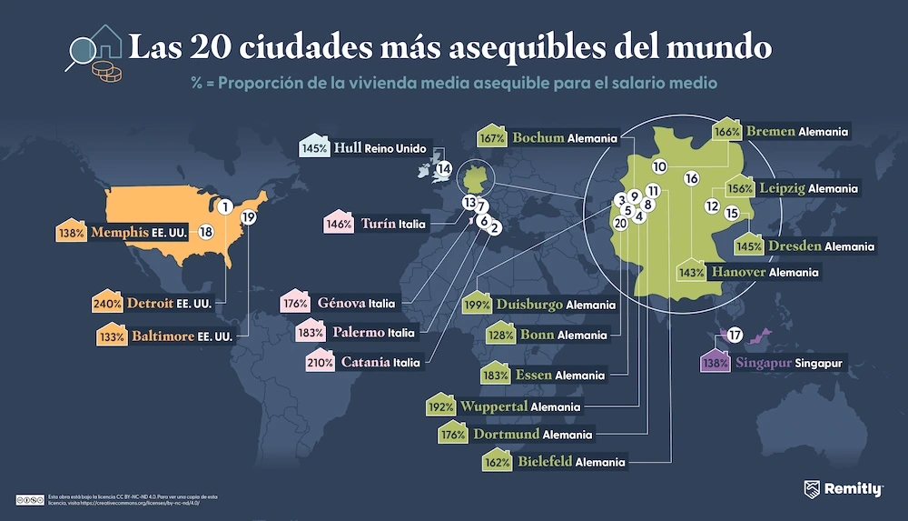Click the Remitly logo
coord(844,490)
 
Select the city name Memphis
coord(119,233)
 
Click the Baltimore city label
coord(163,336)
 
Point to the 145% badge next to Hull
coord(315,147)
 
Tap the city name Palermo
coord(359,332)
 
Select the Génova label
coord(341,303)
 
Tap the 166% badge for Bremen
coord(726,132)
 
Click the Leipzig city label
coord(780,188)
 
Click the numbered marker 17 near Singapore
coord(735,334)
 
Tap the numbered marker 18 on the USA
coord(206,232)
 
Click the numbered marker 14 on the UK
coord(443,168)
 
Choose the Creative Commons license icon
coord(29,499)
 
